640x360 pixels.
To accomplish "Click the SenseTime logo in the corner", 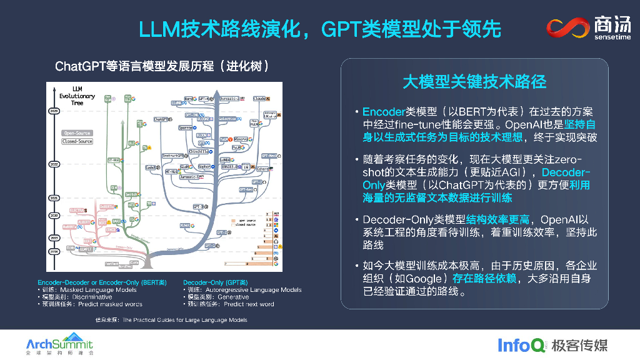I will [589, 29].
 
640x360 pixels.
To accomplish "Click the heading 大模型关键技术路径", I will [474, 81].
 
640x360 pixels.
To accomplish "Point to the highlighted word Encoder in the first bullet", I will [384, 112].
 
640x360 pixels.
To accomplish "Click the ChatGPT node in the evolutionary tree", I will [161, 119].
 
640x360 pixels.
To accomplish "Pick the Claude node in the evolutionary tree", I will [259, 99].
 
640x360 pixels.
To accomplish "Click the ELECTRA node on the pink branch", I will [76, 209].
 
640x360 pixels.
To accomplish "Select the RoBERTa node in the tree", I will [69, 227].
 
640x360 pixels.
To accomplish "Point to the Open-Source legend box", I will [77, 133].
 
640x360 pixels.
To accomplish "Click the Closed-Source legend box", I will [77, 141].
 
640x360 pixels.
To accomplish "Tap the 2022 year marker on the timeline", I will [53, 164].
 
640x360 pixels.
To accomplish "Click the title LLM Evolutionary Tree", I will [77, 96].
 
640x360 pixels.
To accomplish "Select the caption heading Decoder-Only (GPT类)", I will [216, 282].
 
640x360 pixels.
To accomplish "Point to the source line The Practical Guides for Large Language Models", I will [185, 320].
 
